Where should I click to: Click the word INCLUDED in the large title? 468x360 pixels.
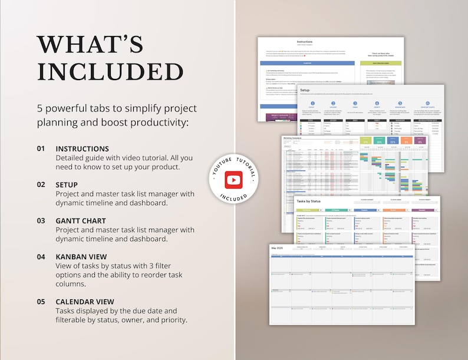coord(110,72)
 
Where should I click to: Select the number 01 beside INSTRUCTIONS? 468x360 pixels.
coord(41,148)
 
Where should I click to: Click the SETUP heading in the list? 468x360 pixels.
coord(67,184)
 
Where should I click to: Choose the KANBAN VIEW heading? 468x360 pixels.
coord(81,256)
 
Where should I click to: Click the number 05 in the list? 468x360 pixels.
coord(41,301)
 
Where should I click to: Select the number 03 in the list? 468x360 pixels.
coord(41,220)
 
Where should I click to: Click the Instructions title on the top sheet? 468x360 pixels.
coord(305,42)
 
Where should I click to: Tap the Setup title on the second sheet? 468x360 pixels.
coord(305,90)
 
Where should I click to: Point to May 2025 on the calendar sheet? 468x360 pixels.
coord(278,248)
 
